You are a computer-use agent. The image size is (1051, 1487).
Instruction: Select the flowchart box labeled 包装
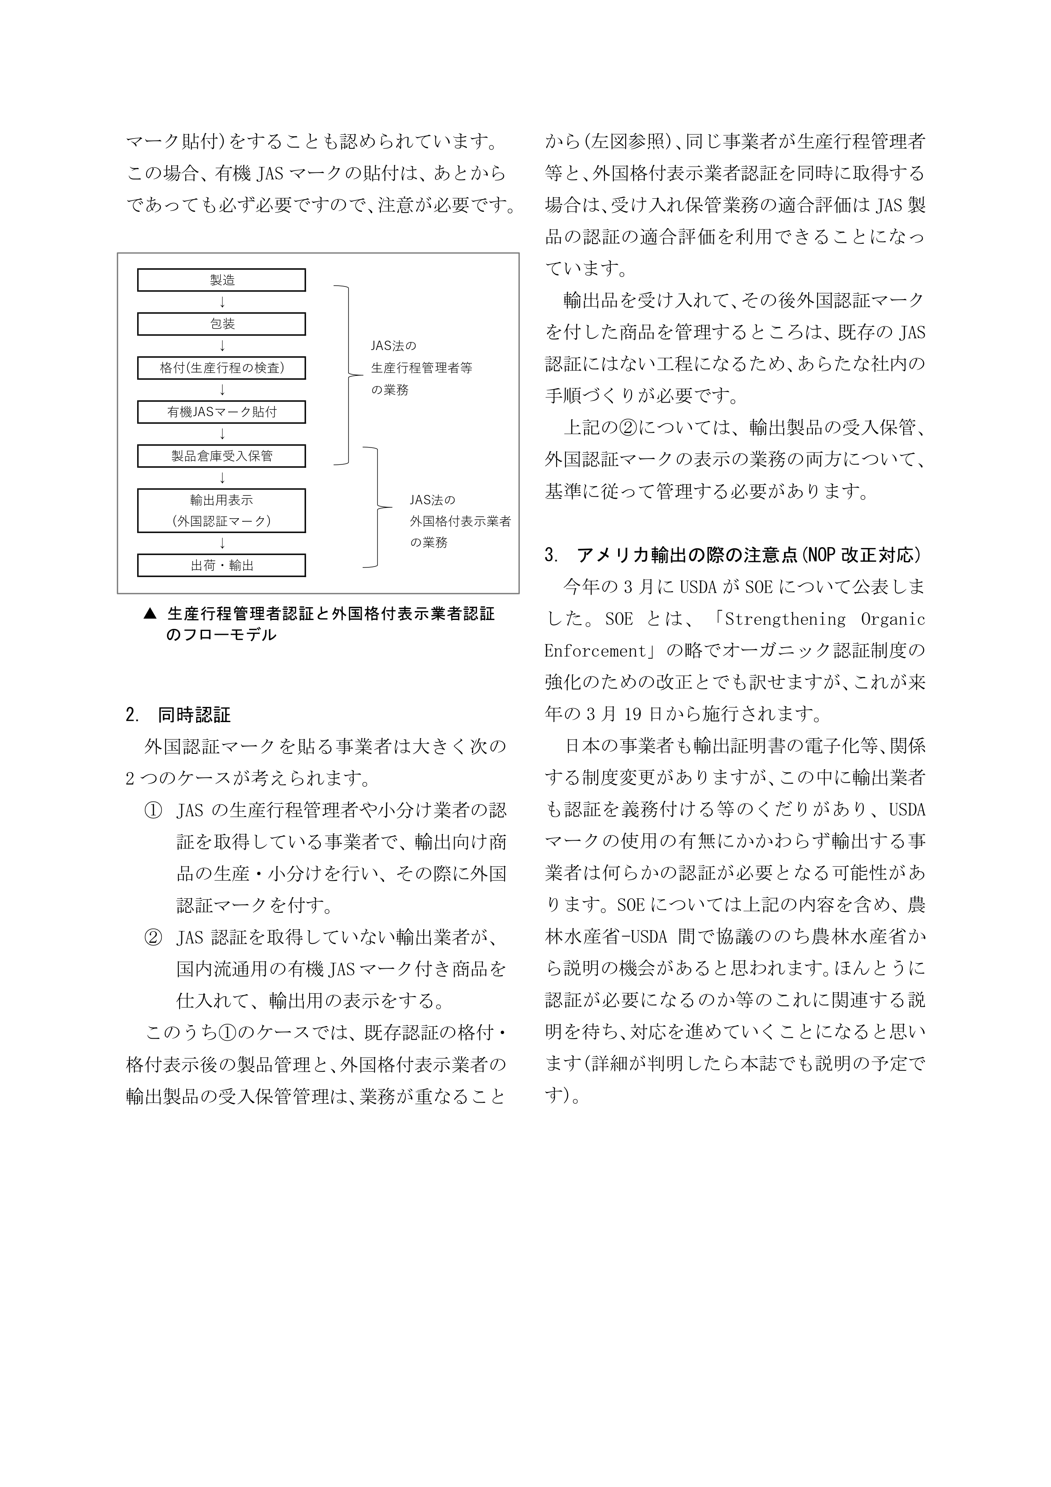[x=222, y=324]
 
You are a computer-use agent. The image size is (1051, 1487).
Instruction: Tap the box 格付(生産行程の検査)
[x=222, y=368]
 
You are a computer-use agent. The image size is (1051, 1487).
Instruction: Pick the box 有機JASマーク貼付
[x=222, y=412]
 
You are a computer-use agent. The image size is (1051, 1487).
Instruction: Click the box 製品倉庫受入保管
[x=222, y=456]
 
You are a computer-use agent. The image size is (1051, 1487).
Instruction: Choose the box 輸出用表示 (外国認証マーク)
[x=222, y=510]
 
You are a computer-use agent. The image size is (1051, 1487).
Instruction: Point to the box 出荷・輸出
[x=222, y=565]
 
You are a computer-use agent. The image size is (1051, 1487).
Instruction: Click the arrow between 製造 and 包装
[x=222, y=302]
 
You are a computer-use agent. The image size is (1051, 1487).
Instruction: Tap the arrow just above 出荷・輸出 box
[x=222, y=543]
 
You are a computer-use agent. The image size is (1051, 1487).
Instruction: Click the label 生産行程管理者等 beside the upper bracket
[x=422, y=368]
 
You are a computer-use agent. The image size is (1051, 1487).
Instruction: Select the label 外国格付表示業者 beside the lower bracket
[x=460, y=521]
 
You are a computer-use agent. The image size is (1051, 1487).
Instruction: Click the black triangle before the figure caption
[x=150, y=613]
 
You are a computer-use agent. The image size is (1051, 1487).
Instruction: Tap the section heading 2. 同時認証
[x=178, y=715]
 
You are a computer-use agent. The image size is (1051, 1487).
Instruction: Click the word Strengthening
[x=785, y=619]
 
